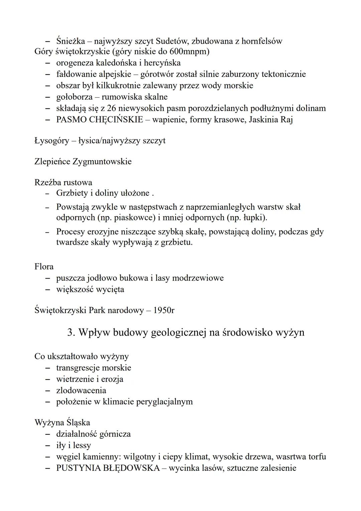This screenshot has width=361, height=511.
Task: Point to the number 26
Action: [112, 108]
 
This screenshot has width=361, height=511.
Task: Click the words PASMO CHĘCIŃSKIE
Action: [99, 120]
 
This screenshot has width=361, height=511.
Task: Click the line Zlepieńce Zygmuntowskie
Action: [83, 162]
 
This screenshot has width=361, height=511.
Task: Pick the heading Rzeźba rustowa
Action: [63, 183]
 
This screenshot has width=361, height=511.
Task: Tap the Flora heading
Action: [44, 267]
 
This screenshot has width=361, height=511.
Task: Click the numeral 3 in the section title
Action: [71, 332]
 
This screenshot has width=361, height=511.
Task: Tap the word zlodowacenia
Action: [81, 391]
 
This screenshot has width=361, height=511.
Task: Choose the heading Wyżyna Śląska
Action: [62, 423]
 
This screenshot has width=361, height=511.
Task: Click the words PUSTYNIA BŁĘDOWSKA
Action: [108, 468]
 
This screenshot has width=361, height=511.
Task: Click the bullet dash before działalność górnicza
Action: [48, 434]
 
